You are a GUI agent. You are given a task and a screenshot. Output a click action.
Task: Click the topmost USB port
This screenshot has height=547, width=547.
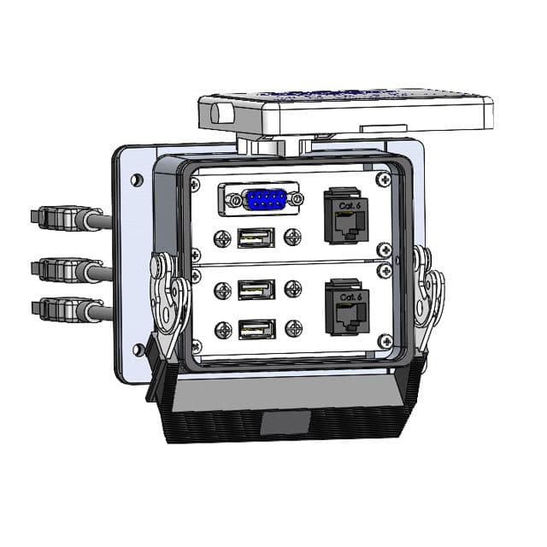[256, 238]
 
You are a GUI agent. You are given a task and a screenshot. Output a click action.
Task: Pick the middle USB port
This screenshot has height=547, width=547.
[256, 291]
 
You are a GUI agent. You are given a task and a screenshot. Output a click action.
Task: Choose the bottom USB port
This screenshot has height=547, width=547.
[256, 328]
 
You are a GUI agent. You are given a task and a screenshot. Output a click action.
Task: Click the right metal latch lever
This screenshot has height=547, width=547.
[427, 295]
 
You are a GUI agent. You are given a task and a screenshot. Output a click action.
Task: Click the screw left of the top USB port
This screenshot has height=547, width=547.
[221, 238]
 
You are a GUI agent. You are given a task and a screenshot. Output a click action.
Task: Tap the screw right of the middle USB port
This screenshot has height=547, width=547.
[293, 291]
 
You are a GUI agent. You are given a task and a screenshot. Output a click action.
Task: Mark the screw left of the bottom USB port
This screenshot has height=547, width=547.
[222, 327]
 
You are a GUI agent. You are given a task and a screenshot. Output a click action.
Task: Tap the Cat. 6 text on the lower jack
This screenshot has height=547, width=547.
[347, 297]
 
